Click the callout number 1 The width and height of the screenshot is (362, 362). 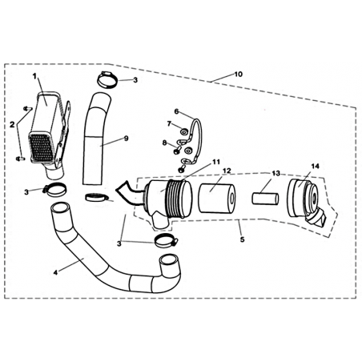click(34, 76)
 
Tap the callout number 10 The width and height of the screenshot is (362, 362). click(239, 74)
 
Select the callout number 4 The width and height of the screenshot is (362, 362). click(55, 272)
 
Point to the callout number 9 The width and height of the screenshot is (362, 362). click(126, 138)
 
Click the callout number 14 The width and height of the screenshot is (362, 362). click(315, 166)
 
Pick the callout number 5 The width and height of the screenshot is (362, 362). click(242, 239)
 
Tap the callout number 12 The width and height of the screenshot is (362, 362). click(227, 170)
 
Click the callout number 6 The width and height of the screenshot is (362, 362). click(176, 111)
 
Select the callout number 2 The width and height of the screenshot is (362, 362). click(12, 124)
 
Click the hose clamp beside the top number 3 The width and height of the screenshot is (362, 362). click(107, 79)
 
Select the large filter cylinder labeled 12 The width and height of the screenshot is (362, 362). click(217, 199)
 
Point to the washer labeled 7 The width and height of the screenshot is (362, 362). click(183, 131)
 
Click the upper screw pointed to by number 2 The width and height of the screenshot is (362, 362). click(28, 108)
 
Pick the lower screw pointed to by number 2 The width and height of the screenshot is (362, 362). click(21, 159)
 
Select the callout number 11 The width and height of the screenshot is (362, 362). click(215, 162)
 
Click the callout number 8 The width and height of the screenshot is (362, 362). click(164, 143)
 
